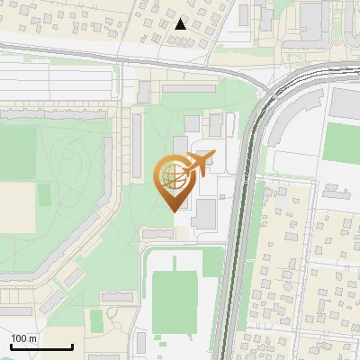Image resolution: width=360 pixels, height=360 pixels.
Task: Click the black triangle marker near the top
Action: (181, 24)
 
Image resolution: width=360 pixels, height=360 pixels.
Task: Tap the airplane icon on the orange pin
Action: (198, 165)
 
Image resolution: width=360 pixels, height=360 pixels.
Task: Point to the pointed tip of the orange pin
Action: (174, 210)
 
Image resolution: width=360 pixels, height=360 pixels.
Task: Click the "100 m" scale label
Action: (24, 338)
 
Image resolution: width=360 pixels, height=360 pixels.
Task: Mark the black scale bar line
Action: (42, 346)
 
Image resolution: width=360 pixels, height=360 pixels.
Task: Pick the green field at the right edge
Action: (343, 142)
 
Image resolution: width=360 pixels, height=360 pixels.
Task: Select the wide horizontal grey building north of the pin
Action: (189, 88)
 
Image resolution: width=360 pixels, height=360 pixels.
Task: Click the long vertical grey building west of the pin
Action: (136, 144)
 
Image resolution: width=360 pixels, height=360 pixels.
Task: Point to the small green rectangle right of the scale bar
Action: (96, 320)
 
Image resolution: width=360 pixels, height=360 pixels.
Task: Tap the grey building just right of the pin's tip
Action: (204, 213)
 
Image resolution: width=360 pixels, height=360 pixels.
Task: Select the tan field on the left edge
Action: (16, 206)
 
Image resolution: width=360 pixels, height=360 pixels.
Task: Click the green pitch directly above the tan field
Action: (18, 152)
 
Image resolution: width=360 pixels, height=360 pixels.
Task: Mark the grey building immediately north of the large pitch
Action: (159, 234)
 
